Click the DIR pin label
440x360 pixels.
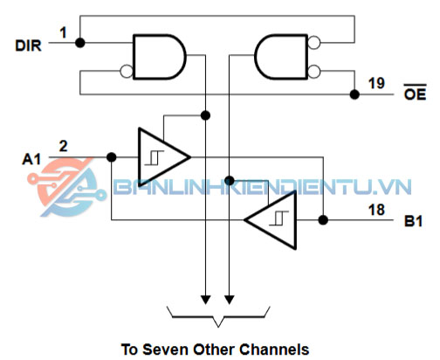pos(28,45)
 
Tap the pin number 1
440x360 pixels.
pos(63,32)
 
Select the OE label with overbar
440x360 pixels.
pos(415,93)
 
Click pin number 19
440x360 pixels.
pos(376,83)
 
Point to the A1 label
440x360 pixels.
pos(31,160)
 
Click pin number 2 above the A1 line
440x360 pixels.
pos(63,146)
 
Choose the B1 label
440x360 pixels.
pos(413,221)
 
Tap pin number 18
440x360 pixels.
pos(376,210)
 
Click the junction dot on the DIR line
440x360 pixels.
pos(80,43)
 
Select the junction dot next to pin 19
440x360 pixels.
pos(354,94)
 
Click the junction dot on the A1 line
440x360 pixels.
pos(112,157)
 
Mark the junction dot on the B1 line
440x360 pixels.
pos(323,220)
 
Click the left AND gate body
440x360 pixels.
pos(159,57)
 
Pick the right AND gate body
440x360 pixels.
pos(281,57)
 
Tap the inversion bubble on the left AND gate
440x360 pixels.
pos(127,71)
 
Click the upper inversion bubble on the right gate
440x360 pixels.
pos(314,43)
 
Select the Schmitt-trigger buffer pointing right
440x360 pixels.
pos(164,157)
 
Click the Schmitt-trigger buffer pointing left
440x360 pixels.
pos(271,220)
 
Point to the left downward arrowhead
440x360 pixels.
pos(206,300)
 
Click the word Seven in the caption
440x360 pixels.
pos(166,350)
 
